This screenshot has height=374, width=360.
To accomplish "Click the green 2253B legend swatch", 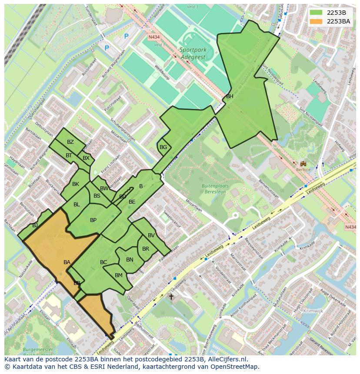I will (316, 13).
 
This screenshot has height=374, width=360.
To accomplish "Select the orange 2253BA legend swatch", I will (316, 21).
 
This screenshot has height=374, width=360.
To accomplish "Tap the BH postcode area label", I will (230, 96).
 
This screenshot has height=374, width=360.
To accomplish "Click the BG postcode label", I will (163, 147).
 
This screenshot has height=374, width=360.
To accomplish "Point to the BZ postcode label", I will (70, 142).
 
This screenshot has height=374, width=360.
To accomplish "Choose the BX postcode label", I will (86, 158).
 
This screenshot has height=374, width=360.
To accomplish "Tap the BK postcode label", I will (76, 184).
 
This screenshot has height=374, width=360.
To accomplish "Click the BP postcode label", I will (93, 220).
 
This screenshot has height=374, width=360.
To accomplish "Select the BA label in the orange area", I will (67, 262).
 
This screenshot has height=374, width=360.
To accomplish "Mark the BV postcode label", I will (151, 235).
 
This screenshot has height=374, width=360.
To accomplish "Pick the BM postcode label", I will (119, 275).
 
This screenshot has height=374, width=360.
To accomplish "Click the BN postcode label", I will (130, 260).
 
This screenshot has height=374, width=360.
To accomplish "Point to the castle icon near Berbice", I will (303, 164).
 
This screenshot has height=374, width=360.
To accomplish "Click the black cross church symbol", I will (171, 297).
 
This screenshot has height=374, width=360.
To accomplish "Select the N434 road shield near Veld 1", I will (153, 37).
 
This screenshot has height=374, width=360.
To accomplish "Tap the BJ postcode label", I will (35, 225).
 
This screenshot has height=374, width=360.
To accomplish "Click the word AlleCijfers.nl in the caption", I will (227, 359).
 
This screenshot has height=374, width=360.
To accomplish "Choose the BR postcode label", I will (146, 249).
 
